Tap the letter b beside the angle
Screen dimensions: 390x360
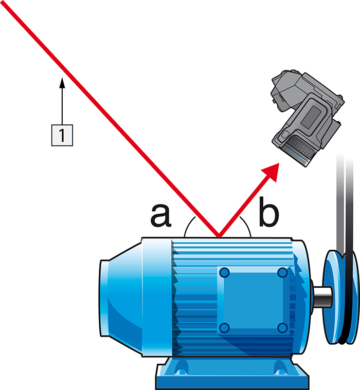click(x=269, y=214)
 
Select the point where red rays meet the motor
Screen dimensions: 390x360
click(x=218, y=237)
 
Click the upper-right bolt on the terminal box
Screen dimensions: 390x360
click(x=282, y=273)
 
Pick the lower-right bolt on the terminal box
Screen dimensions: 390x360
click(x=282, y=327)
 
